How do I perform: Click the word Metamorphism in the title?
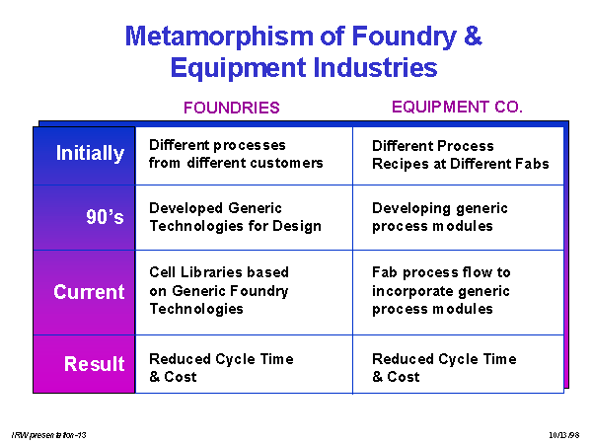[219, 37]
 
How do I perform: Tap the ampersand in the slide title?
[473, 36]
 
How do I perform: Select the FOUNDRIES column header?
[232, 108]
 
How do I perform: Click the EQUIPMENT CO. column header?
[457, 107]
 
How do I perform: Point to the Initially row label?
[90, 153]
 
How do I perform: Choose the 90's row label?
[105, 217]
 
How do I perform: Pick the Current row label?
[89, 292]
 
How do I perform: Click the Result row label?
[95, 363]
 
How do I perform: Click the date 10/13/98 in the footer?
[564, 435]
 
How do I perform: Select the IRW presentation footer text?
[48, 435]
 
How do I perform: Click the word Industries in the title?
[375, 67]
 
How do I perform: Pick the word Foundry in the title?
[405, 37]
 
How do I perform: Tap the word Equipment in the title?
[238, 69]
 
